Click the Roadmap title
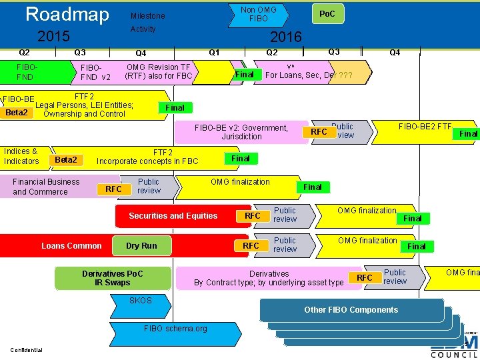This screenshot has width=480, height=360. point(67,15)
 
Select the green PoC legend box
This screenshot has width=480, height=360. point(327,14)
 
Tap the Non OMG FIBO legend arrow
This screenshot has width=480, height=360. point(258,14)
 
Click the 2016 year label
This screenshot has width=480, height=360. point(285,37)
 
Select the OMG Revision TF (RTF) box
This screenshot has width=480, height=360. point(159,72)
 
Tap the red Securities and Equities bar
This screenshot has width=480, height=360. point(173,216)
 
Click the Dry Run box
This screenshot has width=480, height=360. point(141,246)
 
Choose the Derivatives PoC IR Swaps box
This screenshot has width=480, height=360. point(113,278)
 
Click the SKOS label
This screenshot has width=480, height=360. point(140,301)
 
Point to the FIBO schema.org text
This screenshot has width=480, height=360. point(175,329)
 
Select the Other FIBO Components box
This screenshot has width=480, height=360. point(351,310)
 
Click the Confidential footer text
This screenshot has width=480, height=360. point(27,351)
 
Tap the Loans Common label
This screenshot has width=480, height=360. point(71,246)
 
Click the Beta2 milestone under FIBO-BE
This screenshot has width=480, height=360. point(17,113)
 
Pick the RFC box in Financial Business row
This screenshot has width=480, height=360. point(114,189)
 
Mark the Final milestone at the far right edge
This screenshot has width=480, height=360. point(469,134)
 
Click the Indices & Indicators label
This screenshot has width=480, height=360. point(21,156)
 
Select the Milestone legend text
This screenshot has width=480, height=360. point(147,16)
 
